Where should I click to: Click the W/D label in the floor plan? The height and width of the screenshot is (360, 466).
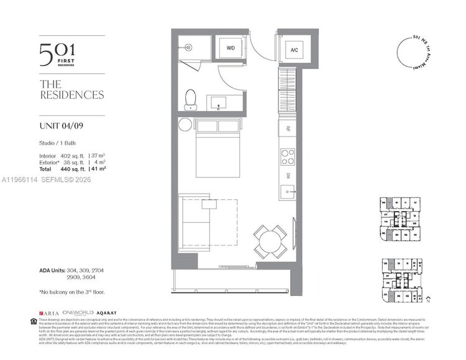230,47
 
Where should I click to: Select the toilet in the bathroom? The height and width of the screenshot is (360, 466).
191,99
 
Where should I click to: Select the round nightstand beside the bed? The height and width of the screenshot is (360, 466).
186,124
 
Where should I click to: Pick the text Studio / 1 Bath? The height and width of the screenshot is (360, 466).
55,145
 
